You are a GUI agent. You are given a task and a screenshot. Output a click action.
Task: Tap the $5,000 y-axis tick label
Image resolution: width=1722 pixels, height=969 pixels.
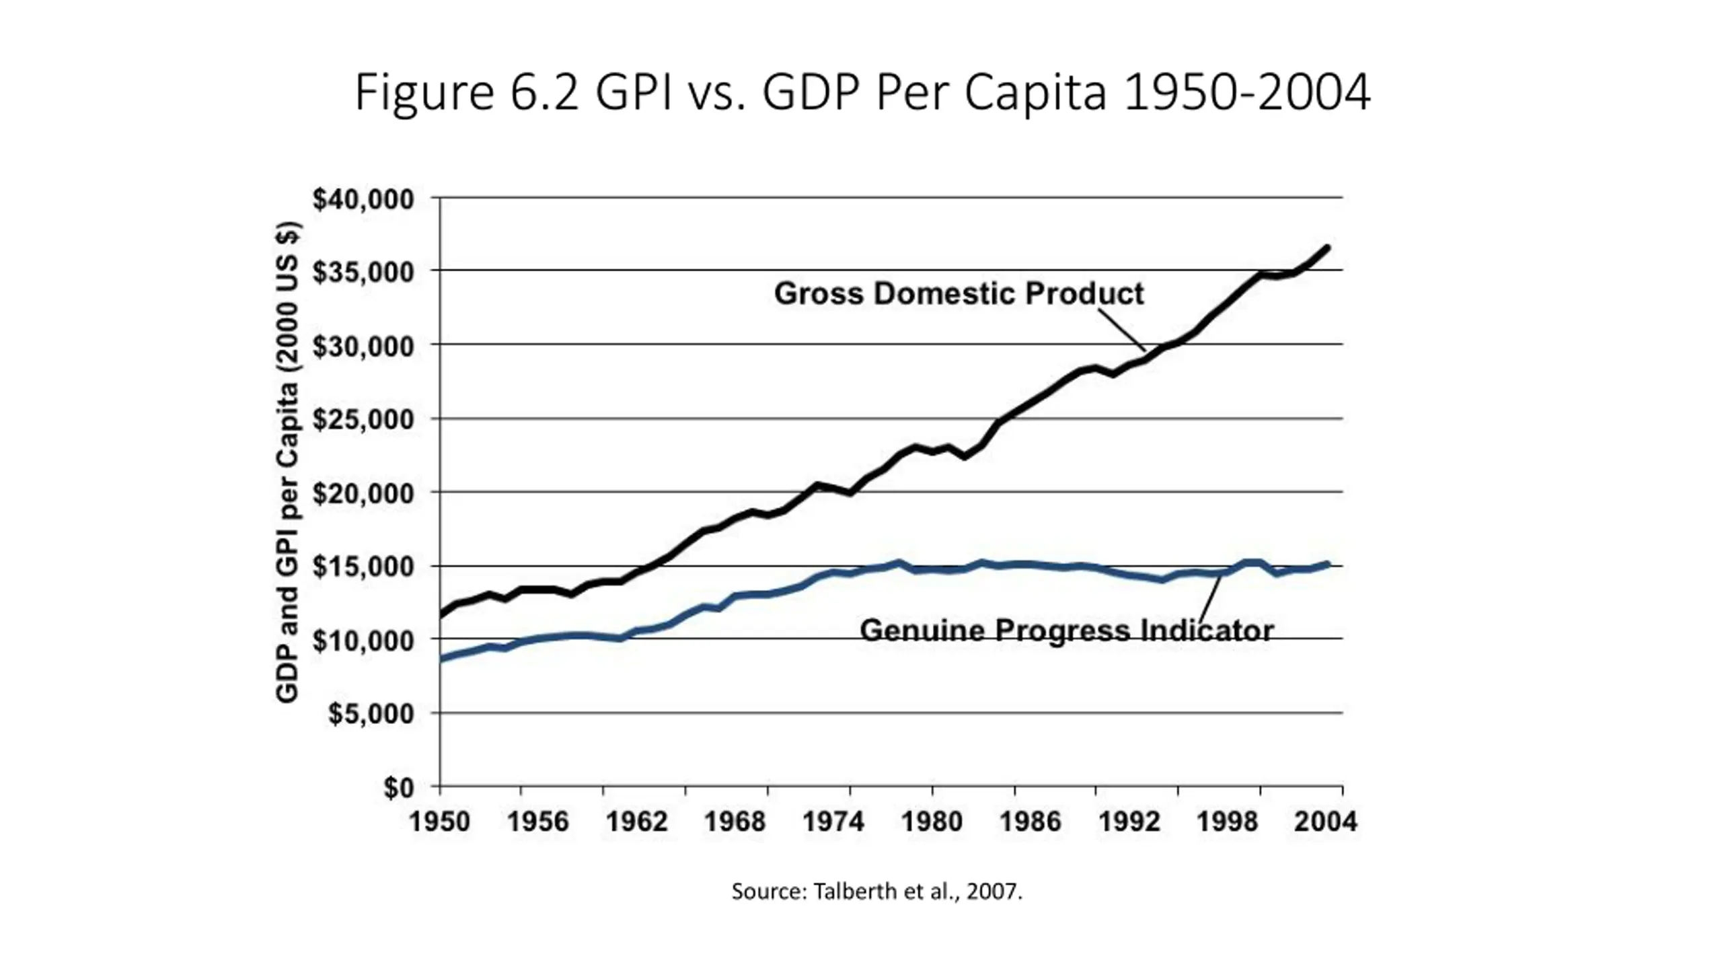pos(371,714)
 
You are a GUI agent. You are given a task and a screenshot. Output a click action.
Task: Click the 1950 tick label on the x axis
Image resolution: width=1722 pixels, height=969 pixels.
pos(440,822)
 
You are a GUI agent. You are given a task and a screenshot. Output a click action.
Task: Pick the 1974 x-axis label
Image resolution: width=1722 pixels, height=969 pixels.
pos(833,822)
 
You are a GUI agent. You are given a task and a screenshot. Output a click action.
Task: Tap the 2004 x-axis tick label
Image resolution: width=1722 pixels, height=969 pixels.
pos(1326,822)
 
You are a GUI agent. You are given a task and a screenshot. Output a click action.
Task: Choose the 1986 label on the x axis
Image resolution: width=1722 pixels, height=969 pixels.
pos(1030,822)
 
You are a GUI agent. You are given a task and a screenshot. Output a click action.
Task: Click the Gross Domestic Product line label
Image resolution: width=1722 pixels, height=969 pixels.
pos(959,293)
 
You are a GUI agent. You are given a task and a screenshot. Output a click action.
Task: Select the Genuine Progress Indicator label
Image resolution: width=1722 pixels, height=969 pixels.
pos(1067,631)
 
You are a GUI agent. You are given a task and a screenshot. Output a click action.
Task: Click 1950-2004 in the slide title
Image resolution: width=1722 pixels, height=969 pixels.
pos(1246,93)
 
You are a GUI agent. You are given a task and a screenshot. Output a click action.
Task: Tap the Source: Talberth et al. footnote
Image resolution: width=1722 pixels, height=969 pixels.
pos(876,892)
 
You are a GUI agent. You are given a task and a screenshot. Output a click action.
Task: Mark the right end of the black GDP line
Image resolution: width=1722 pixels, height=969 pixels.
pos(1327,248)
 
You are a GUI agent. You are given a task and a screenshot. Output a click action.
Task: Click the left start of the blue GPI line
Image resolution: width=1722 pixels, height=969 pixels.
pos(442,659)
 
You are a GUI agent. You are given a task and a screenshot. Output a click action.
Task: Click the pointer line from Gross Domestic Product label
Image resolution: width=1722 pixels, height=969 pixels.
pos(1122,330)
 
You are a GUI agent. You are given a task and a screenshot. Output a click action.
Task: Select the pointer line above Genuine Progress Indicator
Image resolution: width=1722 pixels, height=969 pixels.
pos(1211,598)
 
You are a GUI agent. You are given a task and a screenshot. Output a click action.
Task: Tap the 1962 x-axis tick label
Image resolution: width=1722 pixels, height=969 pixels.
pos(636,822)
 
